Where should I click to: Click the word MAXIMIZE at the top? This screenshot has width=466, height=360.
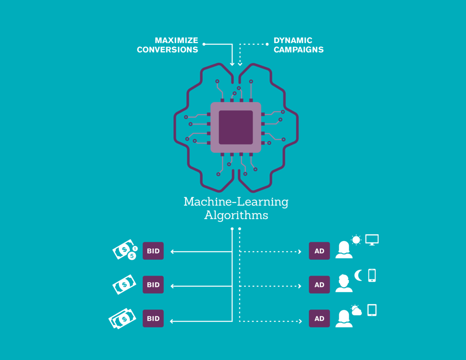click(x=177, y=40)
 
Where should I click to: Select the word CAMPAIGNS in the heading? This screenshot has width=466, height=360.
click(x=299, y=50)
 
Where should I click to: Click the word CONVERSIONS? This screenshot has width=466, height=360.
click(x=167, y=50)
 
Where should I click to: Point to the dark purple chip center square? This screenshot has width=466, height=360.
click(x=236, y=127)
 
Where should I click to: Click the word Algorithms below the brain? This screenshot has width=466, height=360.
click(x=236, y=215)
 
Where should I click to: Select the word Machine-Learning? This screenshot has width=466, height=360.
click(x=236, y=202)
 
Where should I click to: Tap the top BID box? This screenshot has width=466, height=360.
click(x=153, y=251)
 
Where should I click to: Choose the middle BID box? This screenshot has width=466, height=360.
click(x=153, y=285)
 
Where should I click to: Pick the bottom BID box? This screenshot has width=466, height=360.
click(x=153, y=319)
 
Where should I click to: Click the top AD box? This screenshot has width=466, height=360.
click(x=319, y=251)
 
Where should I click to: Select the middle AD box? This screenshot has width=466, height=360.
click(x=319, y=285)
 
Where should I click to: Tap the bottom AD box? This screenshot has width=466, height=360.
click(x=319, y=319)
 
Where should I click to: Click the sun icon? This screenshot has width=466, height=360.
click(x=356, y=240)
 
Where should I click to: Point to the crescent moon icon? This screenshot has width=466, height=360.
click(x=358, y=275)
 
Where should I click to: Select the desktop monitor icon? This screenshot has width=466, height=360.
click(x=372, y=240)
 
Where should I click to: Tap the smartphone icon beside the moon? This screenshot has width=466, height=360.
click(x=372, y=275)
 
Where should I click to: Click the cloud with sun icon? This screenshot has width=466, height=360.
click(x=356, y=310)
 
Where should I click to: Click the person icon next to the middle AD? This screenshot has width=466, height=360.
click(x=344, y=284)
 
